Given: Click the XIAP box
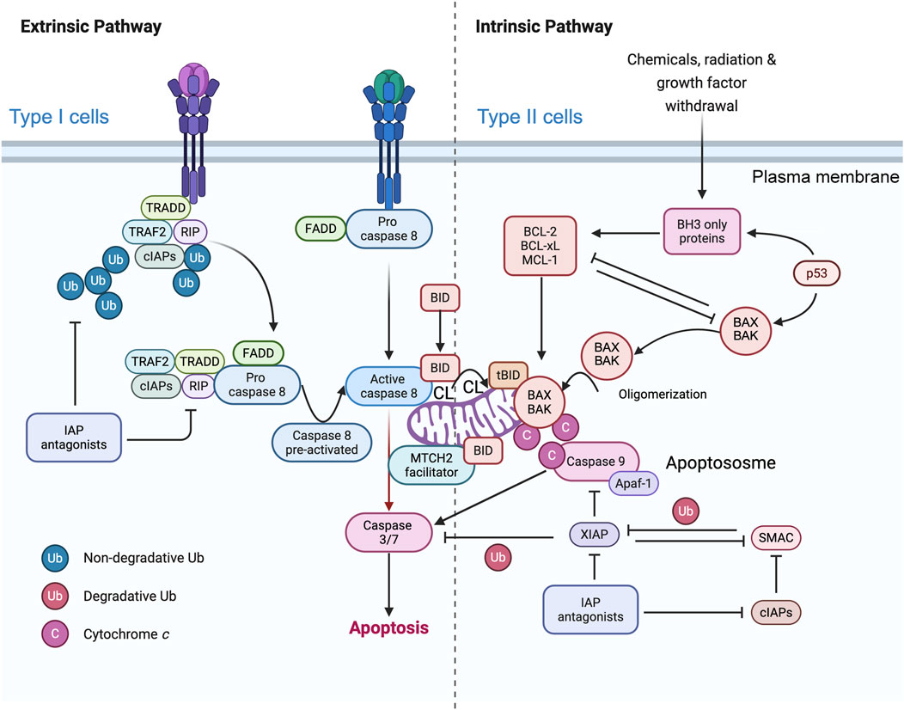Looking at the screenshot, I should pos(593,534).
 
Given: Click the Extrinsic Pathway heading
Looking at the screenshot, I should pos(86,27).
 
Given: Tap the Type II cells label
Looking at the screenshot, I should pos(531,117).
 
